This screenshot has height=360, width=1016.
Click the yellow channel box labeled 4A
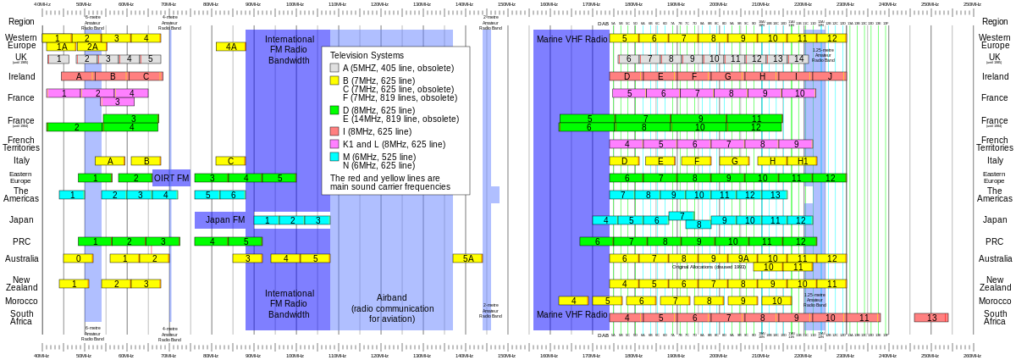pyautogui.click(x=230, y=47)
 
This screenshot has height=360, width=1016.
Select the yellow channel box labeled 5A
pyautogui.click(x=467, y=258)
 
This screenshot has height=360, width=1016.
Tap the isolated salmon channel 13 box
pyautogui.click(x=930, y=318)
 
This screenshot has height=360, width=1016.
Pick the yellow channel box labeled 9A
pyautogui.click(x=743, y=258)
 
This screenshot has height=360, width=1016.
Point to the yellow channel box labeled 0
pyautogui.click(x=78, y=258)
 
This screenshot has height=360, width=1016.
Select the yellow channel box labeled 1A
pyautogui.click(x=61, y=47)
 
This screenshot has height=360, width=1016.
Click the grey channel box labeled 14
pyautogui.click(x=798, y=59)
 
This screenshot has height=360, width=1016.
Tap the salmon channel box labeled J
pyautogui.click(x=830, y=76)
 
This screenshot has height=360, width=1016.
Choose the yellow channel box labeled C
pyautogui.click(x=230, y=161)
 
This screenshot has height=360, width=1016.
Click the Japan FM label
pyautogui.click(x=224, y=220)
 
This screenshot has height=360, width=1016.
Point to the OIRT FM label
pyautogui.click(x=172, y=178)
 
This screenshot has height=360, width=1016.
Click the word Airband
pyautogui.click(x=391, y=297)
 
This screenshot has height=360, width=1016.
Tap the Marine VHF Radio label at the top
pyautogui.click(x=571, y=39)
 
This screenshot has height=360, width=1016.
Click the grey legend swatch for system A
pyautogui.click(x=334, y=68)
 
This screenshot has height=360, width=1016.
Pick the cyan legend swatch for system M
pyautogui.click(x=334, y=157)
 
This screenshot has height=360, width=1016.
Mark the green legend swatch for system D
pyautogui.click(x=334, y=110)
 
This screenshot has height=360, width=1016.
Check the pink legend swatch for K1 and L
pyautogui.click(x=334, y=144)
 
